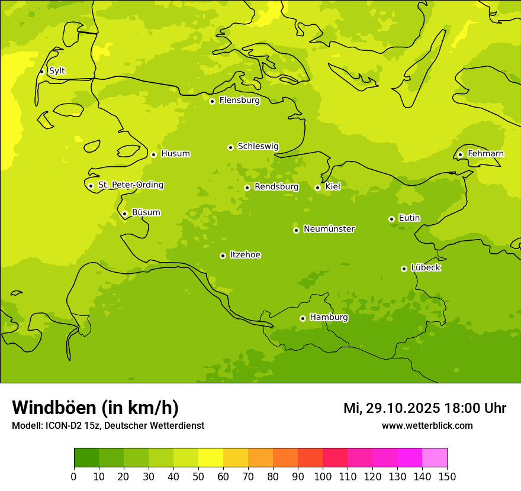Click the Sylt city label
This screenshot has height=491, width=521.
coord(57,71)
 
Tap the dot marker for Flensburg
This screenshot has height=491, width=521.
coord(212,101)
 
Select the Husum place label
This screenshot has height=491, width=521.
coord(175,154)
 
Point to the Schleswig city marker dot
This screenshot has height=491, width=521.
coord(230,147)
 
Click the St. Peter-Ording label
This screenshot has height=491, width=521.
coord(130,185)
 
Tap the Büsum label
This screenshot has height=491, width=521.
coord(146,212)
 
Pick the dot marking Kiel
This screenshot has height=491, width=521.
coord(317,188)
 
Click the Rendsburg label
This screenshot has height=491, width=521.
coord(276,187)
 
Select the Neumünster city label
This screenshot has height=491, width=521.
coord(329,229)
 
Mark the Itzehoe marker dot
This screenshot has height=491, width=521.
coord(223,256)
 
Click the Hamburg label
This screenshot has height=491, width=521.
coord(329,318)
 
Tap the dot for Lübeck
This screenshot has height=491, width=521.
coord(404,269)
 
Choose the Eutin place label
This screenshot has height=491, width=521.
coord(409,218)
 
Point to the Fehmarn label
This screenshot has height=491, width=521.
coord(485,154)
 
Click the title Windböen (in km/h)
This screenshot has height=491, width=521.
coord(95,408)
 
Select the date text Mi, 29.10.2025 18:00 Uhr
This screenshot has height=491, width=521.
coord(424,408)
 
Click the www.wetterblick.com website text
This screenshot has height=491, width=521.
coord(427,426)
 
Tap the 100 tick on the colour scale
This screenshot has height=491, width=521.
coord(323,477)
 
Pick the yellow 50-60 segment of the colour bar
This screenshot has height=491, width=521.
coord(211,458)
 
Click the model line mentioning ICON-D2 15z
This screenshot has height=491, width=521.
coord(108,426)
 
